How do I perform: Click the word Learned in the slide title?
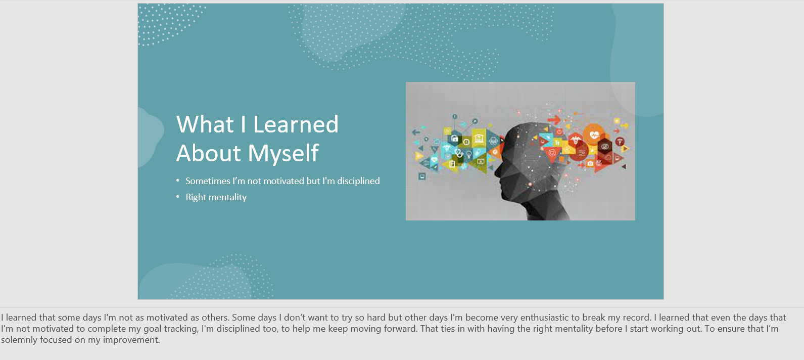296,124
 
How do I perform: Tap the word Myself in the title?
283,153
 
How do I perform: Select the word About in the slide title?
209,153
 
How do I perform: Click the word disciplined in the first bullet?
358,181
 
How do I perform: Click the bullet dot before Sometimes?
178,181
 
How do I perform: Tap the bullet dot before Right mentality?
178,197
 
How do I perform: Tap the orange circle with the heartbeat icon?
594,135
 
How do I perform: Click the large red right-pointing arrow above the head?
554,119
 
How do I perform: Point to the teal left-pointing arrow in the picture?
416,132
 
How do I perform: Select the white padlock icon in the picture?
454,139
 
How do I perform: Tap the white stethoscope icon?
459,153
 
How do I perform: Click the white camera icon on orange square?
590,164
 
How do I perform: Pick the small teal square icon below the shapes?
422,176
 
